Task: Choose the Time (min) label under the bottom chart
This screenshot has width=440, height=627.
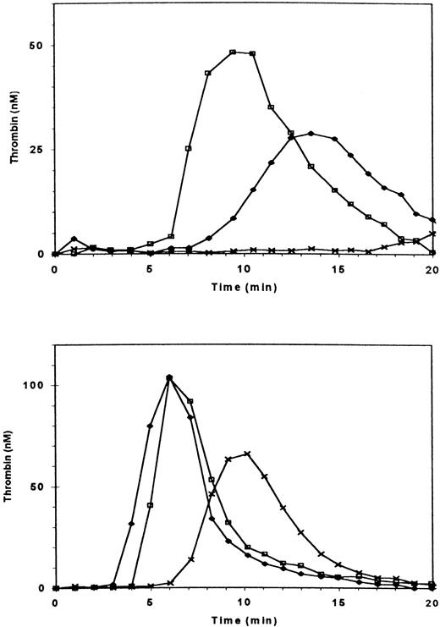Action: (x=245, y=620)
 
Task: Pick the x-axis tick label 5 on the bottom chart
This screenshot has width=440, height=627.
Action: (x=150, y=603)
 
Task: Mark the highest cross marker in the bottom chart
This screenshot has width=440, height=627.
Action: (x=247, y=454)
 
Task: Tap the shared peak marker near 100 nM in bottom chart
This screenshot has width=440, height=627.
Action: (x=170, y=377)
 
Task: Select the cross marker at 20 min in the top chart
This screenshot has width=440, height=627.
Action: (x=433, y=234)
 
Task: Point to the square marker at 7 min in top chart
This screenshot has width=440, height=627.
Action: (x=188, y=148)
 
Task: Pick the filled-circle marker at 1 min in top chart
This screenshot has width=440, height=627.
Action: (x=74, y=239)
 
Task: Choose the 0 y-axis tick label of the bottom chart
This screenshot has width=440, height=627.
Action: (x=40, y=588)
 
